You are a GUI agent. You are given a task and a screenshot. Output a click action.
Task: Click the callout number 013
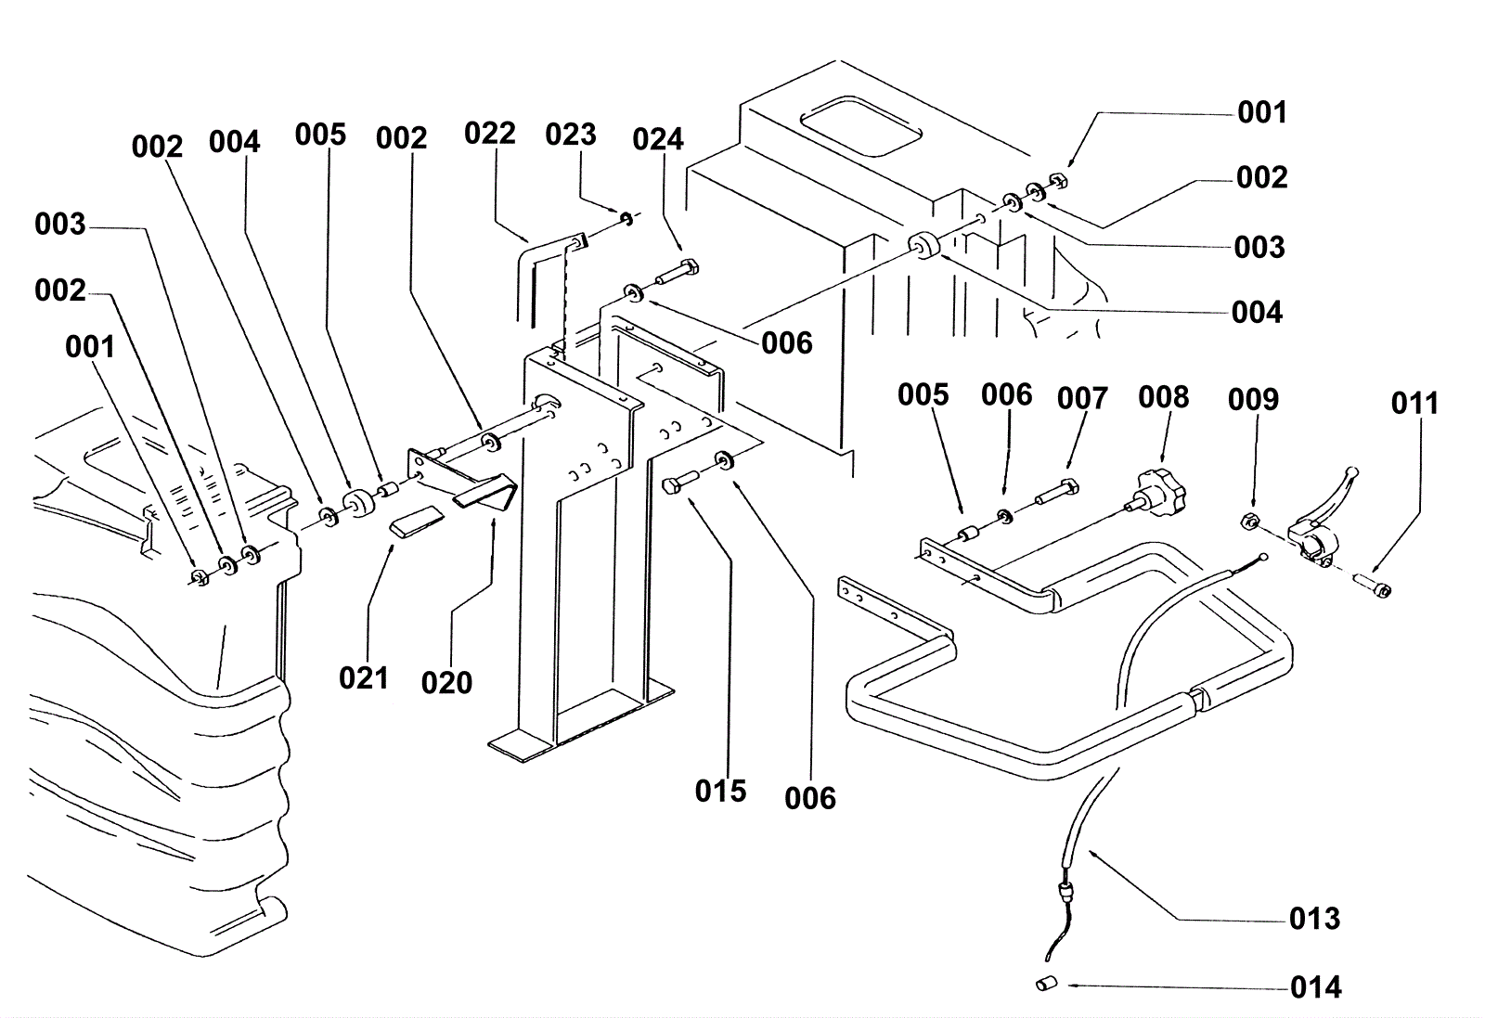(1314, 919)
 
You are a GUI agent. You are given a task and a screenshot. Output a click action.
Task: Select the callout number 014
(1315, 987)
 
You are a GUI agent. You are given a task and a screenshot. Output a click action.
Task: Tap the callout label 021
(363, 678)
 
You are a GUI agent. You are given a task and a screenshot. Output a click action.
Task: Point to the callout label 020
(446, 683)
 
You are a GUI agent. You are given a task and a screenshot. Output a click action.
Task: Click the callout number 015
(720, 792)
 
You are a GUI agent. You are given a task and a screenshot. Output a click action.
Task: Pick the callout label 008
(1163, 397)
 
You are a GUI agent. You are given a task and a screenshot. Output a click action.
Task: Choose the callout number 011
(1414, 404)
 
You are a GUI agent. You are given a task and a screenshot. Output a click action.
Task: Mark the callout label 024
(657, 140)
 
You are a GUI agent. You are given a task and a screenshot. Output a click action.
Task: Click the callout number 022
(489, 134)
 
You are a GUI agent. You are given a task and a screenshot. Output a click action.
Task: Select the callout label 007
(1082, 399)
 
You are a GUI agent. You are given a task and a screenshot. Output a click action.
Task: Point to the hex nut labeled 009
(1250, 521)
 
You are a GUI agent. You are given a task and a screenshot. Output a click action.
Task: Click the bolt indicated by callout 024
(678, 274)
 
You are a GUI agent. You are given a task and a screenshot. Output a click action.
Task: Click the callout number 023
(570, 135)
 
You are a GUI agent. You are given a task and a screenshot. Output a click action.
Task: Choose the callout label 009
(1253, 400)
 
